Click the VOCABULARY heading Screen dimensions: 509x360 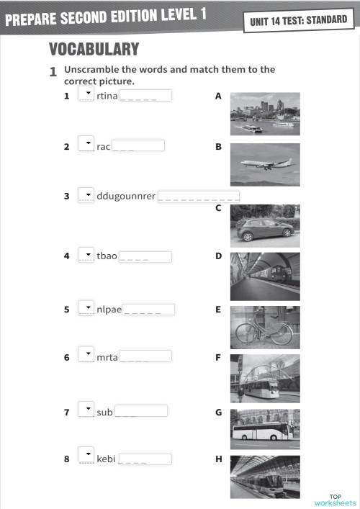tap(94, 49)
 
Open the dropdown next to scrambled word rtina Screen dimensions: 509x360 tap(86, 94)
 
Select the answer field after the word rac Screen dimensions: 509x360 tap(138, 145)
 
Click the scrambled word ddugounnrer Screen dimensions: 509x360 tap(125, 196)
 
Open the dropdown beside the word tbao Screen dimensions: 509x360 tap(86, 255)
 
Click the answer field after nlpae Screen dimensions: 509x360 tap(148, 310)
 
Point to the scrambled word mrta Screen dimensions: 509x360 tap(107, 356)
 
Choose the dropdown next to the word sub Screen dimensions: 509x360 tap(86, 411)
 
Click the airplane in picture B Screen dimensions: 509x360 tap(264, 163)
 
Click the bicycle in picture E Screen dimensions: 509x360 tap(264, 333)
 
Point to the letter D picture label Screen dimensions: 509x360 tap(218, 256)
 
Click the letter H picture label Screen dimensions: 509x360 tap(218, 459)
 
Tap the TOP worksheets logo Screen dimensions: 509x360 tap(335, 499)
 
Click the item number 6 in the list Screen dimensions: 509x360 tap(66, 357)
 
